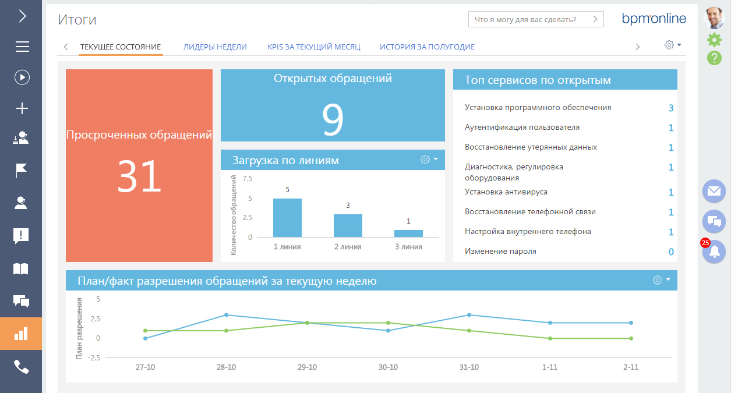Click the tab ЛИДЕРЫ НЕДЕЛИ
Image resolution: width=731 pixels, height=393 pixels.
(x=215, y=47)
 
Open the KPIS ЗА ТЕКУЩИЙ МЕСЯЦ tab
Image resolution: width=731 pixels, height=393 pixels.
(x=313, y=47)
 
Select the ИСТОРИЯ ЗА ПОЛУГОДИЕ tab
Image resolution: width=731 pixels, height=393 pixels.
(x=427, y=47)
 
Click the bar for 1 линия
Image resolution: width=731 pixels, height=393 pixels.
(x=287, y=218)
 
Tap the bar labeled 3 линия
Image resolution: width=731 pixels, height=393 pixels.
(x=408, y=233)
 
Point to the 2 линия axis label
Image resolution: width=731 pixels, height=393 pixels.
(x=348, y=247)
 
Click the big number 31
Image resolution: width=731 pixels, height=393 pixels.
(x=139, y=177)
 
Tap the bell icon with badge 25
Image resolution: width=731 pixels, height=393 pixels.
(x=714, y=252)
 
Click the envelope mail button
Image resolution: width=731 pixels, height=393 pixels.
(x=714, y=191)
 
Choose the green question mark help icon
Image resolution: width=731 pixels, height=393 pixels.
(x=714, y=58)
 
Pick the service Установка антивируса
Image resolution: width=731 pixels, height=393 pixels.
(x=506, y=192)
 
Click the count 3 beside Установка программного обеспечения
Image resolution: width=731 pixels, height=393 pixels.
(x=671, y=108)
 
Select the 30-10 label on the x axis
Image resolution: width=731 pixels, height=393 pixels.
(x=388, y=367)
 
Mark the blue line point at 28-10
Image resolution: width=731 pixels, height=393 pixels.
(x=226, y=315)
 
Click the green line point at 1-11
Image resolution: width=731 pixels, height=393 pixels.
(x=550, y=338)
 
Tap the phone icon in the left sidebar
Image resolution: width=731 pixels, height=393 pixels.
(x=21, y=367)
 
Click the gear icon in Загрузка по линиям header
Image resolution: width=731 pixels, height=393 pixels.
(x=425, y=160)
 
